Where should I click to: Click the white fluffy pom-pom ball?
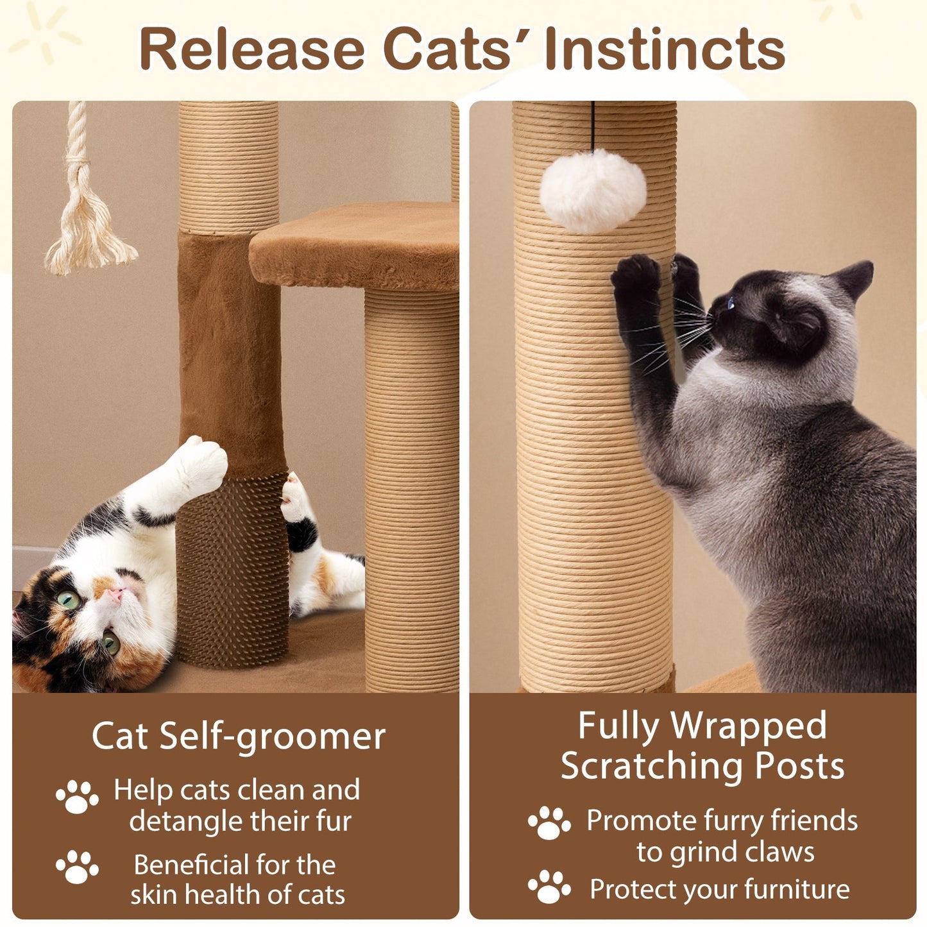pos(593,190)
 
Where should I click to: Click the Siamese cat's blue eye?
pos(731,303)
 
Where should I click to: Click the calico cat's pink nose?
pos(115,595)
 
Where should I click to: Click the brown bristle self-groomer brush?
pos(232,571)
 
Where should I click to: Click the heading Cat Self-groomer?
pos(238,736)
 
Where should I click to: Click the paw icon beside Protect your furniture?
pos(549,887)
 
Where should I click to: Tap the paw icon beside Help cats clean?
pos(77,797)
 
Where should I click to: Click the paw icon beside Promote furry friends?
pos(549,823)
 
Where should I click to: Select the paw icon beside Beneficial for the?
pos(77,867)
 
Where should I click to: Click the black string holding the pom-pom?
pos(592,126)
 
